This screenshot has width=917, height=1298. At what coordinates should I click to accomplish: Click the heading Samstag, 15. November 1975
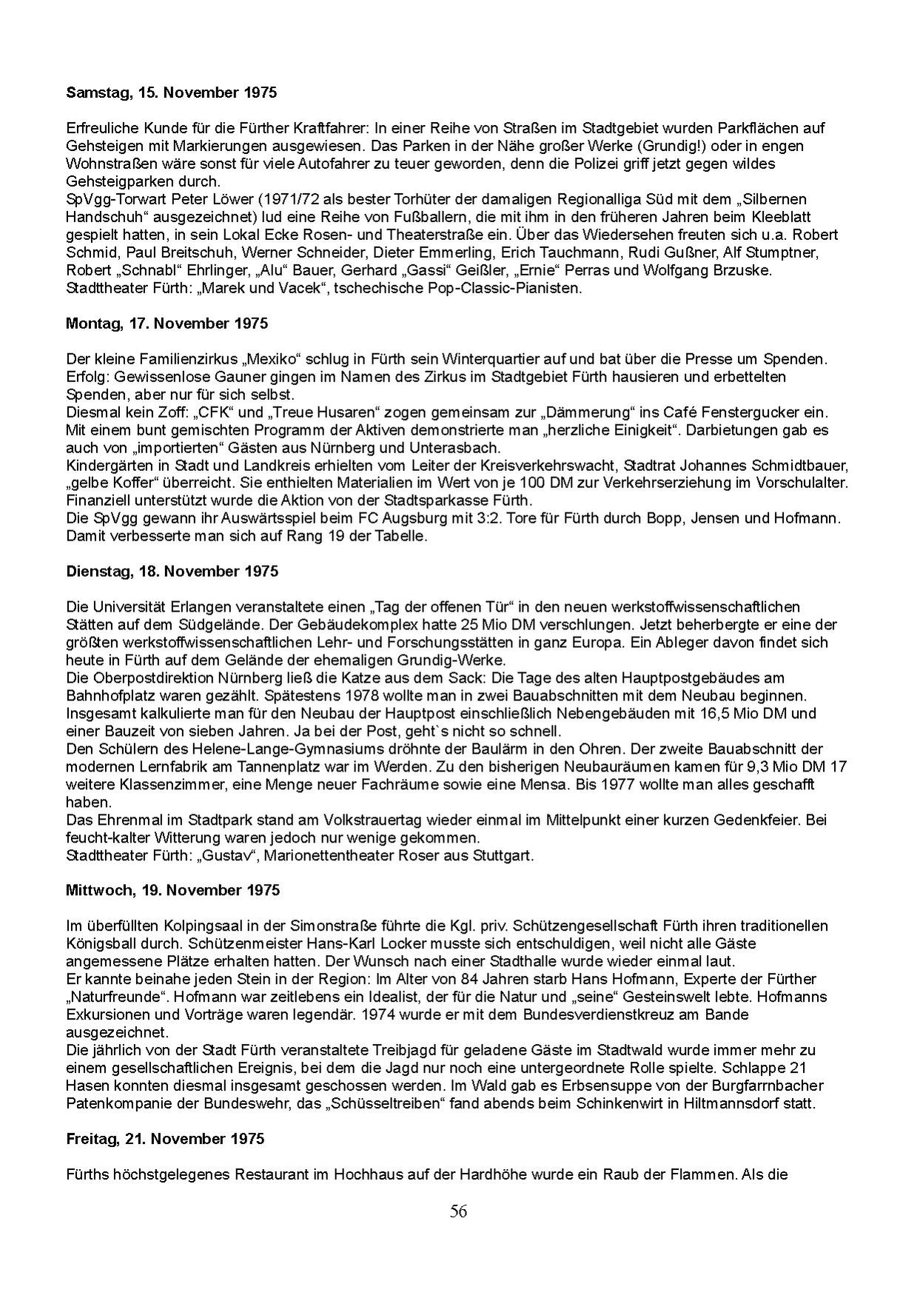tap(171, 93)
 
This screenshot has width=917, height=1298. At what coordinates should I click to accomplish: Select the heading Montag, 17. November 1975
tap(167, 324)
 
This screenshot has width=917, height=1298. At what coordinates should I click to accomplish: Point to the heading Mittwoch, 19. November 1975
tap(172, 890)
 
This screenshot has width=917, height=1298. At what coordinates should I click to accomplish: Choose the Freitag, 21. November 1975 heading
tap(164, 1139)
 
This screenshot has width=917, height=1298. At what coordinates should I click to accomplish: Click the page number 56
tap(458, 1211)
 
